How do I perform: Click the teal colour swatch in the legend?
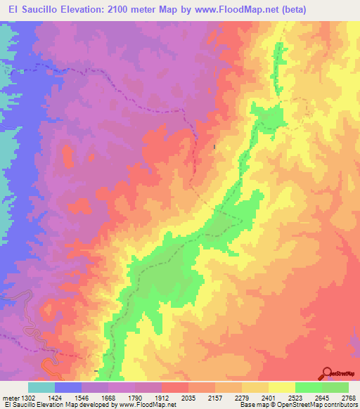[41, 387]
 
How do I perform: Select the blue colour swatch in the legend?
[68, 387]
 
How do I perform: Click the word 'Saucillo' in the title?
[41, 9]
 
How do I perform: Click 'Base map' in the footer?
[255, 405]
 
